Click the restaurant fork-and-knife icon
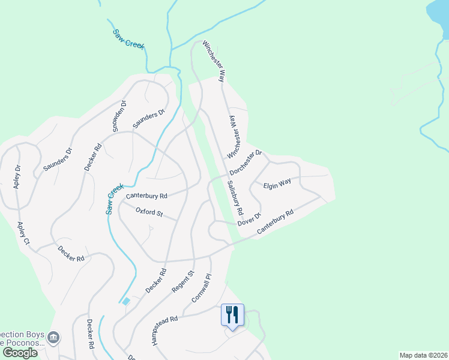[x=232, y=314]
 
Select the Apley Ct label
[x=23, y=233]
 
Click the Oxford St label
[x=149, y=212]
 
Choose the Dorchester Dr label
[x=246, y=162]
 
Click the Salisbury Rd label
[x=235, y=197]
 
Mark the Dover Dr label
[x=250, y=219]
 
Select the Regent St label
[x=182, y=282]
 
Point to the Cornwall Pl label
[x=202, y=288]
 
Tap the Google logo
[x=20, y=352]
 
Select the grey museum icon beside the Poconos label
[x=54, y=338]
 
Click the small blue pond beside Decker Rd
[x=125, y=301]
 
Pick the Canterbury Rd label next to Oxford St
[x=146, y=196]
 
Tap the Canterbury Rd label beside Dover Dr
[x=275, y=222]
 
